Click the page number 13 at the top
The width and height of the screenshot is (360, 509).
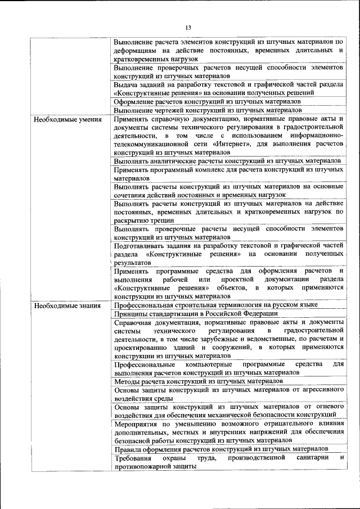[188, 28]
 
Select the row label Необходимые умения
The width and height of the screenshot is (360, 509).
[67, 120]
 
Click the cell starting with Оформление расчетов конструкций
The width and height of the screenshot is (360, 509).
[207, 102]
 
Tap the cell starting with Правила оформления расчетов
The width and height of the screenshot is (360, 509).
[220, 449]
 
